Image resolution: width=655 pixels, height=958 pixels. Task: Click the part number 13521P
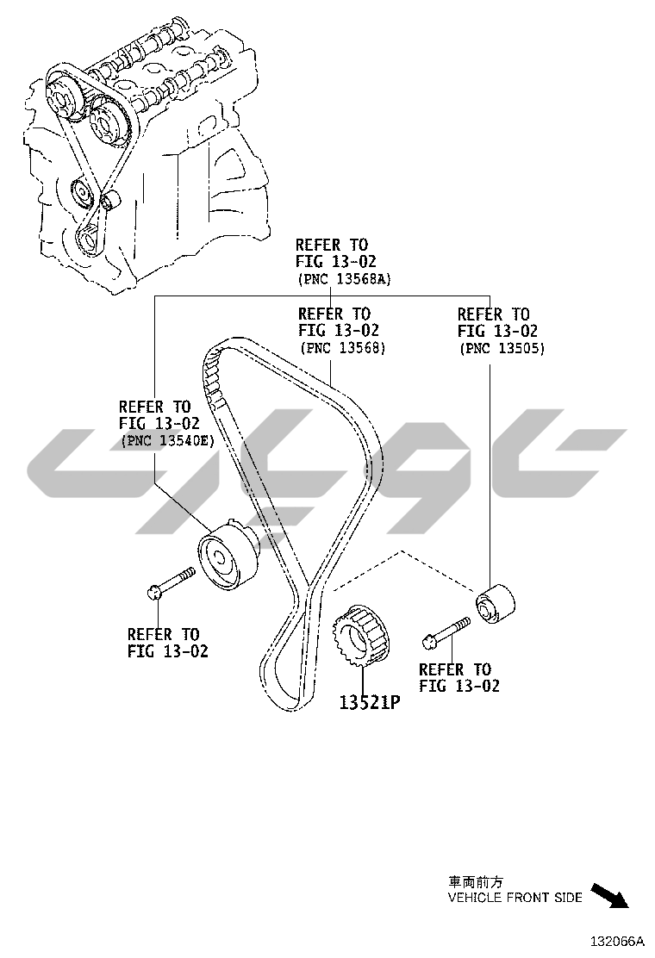click(370, 703)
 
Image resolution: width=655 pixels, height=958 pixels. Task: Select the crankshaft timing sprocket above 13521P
click(363, 636)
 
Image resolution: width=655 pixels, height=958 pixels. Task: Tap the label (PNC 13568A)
click(345, 279)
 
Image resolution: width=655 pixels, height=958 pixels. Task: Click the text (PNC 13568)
click(343, 348)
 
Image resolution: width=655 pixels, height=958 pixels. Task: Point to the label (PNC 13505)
click(502, 349)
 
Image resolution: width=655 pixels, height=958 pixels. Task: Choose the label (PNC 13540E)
click(167, 440)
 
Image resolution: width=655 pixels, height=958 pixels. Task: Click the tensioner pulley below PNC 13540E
click(228, 554)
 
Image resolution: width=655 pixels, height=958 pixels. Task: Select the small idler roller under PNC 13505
click(495, 605)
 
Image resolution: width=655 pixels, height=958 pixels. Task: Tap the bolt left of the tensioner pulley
click(172, 582)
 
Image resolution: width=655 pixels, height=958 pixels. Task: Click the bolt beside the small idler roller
click(446, 631)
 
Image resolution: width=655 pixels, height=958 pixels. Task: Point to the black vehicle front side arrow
click(610, 895)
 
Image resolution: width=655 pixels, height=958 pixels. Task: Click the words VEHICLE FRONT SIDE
click(515, 898)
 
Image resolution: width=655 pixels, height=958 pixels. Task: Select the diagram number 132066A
click(617, 940)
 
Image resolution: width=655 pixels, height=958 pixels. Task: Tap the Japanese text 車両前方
click(476, 882)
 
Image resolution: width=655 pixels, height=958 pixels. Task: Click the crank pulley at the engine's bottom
click(90, 239)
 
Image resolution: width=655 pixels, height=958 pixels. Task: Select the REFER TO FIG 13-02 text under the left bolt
click(168, 643)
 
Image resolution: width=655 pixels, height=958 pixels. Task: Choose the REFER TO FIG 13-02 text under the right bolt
click(459, 677)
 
